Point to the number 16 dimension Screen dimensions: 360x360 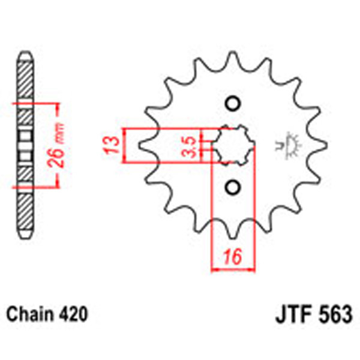232,257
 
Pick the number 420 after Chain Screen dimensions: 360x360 73,314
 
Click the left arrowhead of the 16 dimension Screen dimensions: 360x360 214,268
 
